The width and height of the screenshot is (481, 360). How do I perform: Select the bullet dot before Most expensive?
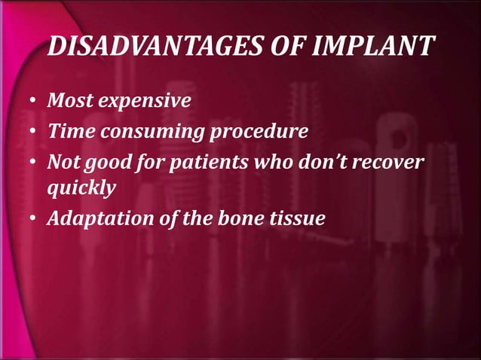click(35, 101)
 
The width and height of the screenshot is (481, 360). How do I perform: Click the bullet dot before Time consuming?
click(35, 133)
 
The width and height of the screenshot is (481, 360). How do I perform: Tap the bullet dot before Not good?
click(35, 164)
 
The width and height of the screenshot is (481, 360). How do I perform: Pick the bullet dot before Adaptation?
click(35, 220)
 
